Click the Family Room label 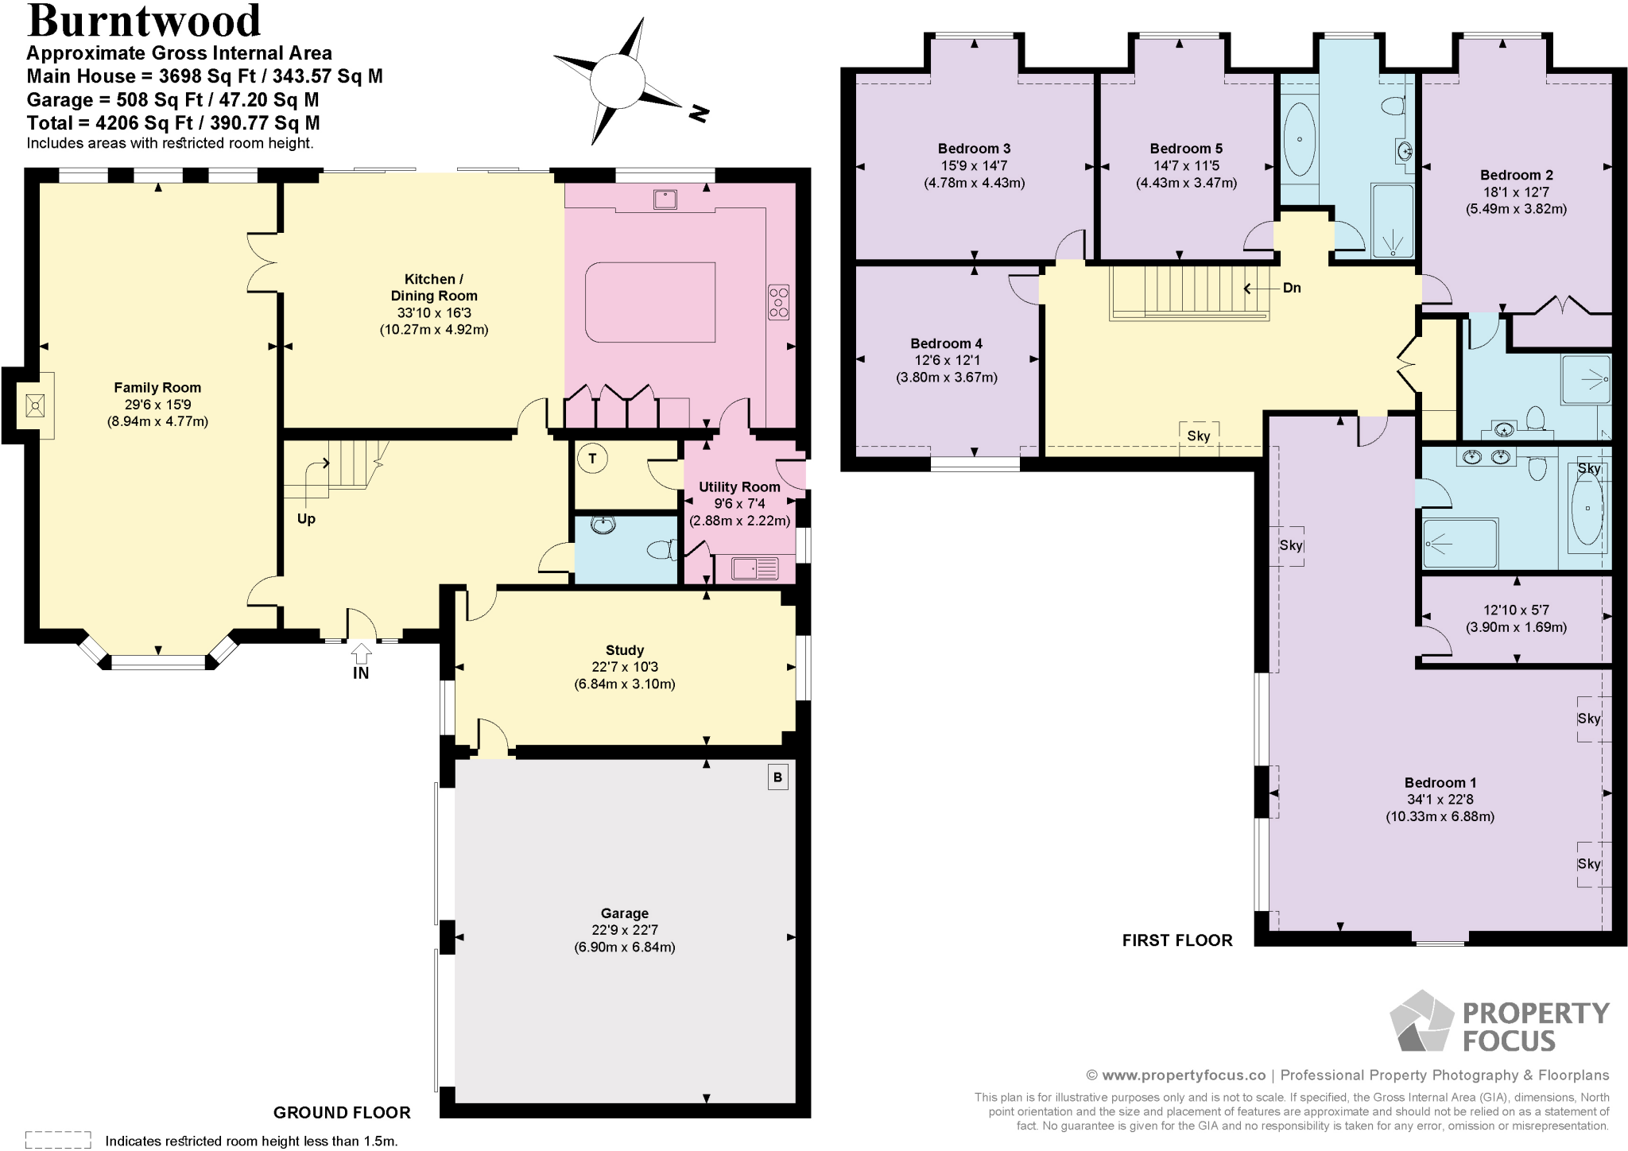[x=157, y=388]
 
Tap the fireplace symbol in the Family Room [x=35, y=406]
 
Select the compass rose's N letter [x=698, y=114]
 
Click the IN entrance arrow [x=361, y=654]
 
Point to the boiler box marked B [x=777, y=777]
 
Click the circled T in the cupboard [x=592, y=459]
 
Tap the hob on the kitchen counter [x=778, y=302]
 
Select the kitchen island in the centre [x=649, y=302]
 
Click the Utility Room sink [x=754, y=568]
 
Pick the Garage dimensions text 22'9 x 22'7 [x=625, y=930]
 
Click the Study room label [x=625, y=650]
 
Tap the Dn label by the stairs [x=1292, y=288]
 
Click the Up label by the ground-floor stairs [x=306, y=519]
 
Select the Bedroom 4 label [x=946, y=343]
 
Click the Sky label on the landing [x=1199, y=436]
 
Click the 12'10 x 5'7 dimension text [x=1517, y=610]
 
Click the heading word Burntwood [x=144, y=21]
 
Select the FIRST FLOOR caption [x=1177, y=940]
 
